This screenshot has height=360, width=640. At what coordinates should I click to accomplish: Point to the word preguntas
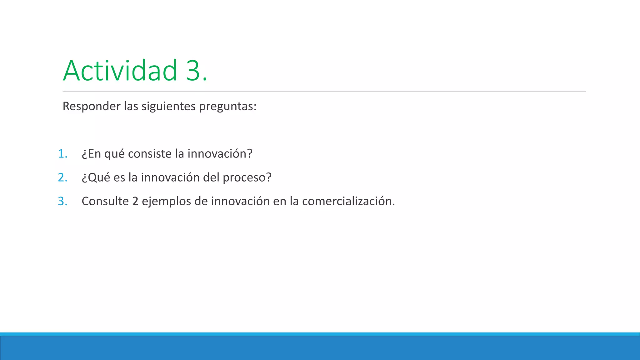[227, 107]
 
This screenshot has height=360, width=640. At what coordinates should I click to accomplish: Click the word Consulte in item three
[105, 201]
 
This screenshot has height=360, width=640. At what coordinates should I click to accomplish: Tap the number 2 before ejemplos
[135, 201]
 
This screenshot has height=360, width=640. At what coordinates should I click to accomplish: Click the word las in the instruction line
[131, 107]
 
